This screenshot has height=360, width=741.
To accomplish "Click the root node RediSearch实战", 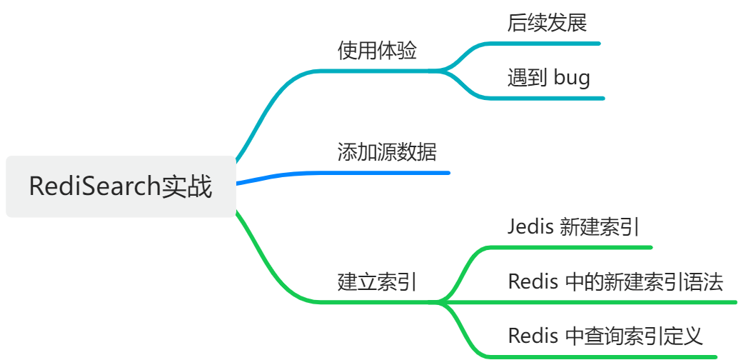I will click(121, 186).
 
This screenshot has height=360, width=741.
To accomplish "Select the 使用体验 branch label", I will click(377, 51).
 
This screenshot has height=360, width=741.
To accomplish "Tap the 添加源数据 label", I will click(386, 152).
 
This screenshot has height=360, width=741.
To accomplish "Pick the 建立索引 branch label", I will click(377, 281).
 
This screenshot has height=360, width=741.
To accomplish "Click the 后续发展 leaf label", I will click(547, 23).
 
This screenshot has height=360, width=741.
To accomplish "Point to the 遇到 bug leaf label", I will click(548, 77).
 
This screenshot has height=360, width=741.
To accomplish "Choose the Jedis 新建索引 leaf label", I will click(573, 227).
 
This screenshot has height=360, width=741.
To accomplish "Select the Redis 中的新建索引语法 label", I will click(615, 281).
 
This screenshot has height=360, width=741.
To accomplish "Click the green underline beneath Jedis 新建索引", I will click(571, 247).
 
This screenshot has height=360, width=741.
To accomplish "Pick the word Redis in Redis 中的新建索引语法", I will click(533, 281).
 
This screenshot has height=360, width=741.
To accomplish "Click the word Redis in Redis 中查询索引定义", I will click(533, 335).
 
